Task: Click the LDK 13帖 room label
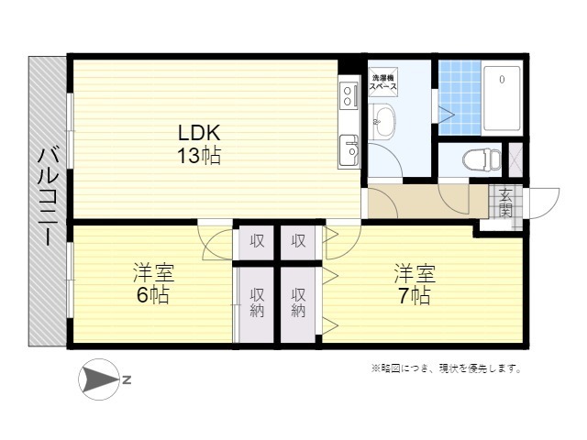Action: click(199, 144)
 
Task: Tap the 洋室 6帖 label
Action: click(153, 283)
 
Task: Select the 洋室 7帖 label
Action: click(414, 284)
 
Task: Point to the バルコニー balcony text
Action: click(49, 197)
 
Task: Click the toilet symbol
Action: click(482, 159)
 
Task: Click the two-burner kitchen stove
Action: click(349, 95)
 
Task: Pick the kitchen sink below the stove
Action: click(349, 150)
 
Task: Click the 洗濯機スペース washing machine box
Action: click(383, 82)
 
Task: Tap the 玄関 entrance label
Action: click(505, 203)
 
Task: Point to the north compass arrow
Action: click(99, 379)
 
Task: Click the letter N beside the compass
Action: click(127, 380)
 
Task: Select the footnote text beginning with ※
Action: click(447, 368)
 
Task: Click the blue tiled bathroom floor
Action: click(460, 98)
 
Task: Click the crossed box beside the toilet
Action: click(515, 159)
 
